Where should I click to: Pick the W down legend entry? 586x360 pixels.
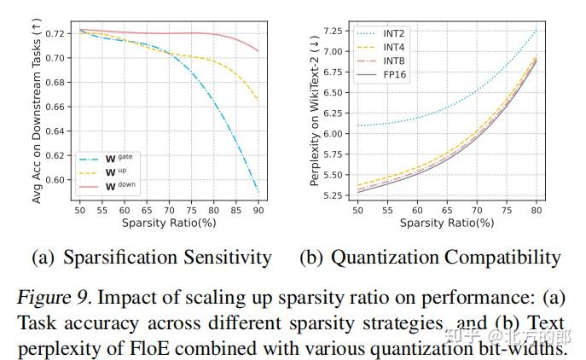118,184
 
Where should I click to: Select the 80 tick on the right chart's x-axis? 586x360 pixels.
535,209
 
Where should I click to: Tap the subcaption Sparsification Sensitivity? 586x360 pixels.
151,257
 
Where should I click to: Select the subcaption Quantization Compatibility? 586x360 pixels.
430,257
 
